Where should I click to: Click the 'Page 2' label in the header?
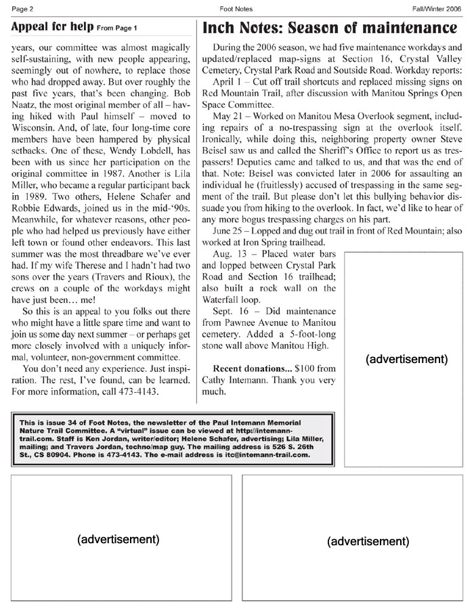click(24, 9)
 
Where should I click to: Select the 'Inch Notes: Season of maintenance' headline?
click(330, 28)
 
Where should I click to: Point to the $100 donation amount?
click(307, 368)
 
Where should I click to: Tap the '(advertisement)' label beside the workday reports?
click(406, 359)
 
